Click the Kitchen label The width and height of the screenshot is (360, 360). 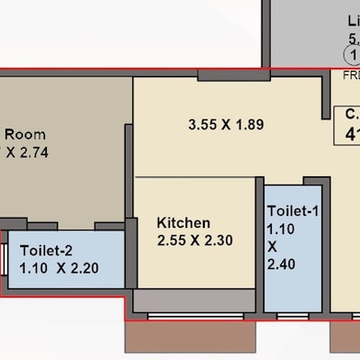(184, 223)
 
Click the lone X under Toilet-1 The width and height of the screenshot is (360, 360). (273, 246)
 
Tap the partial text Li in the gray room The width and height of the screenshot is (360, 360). (353, 20)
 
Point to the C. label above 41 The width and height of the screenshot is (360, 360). (351, 114)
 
